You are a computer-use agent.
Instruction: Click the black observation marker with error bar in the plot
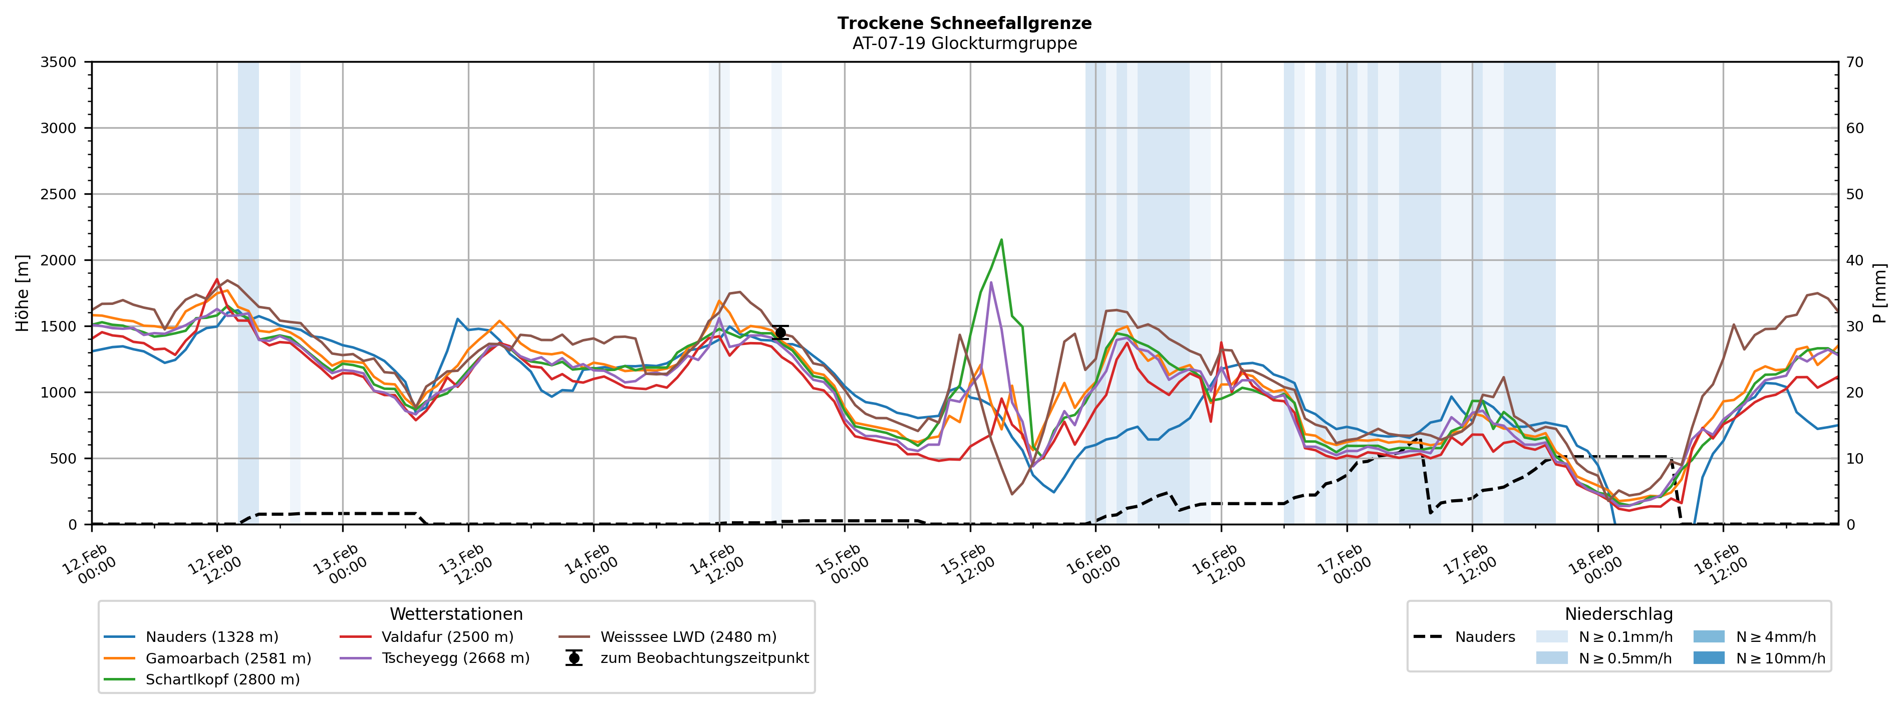click(x=780, y=332)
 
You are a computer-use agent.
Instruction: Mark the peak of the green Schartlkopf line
click(x=1001, y=239)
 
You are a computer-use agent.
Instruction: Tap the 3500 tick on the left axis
click(x=59, y=62)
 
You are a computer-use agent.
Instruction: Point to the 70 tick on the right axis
click(x=1854, y=62)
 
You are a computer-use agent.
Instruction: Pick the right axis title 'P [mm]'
click(x=1879, y=293)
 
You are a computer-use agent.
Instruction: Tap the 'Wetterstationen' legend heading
click(x=456, y=614)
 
